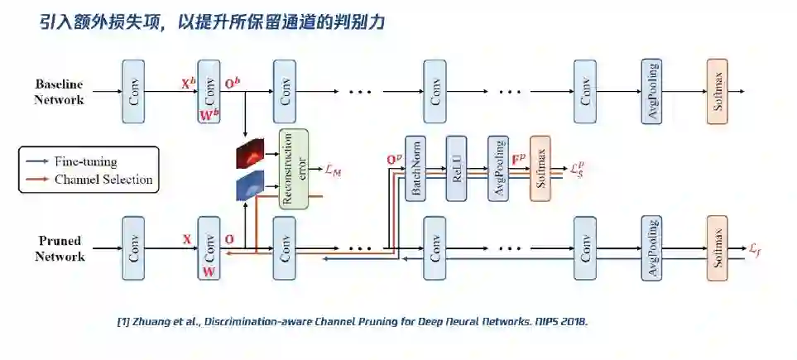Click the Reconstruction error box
[293, 169]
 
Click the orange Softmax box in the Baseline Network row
[718, 92]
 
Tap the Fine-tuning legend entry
[85, 162]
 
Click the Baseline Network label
[59, 92]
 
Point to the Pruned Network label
[59, 248]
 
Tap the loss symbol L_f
[755, 248]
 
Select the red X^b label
[188, 84]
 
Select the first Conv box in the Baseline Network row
[133, 92]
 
